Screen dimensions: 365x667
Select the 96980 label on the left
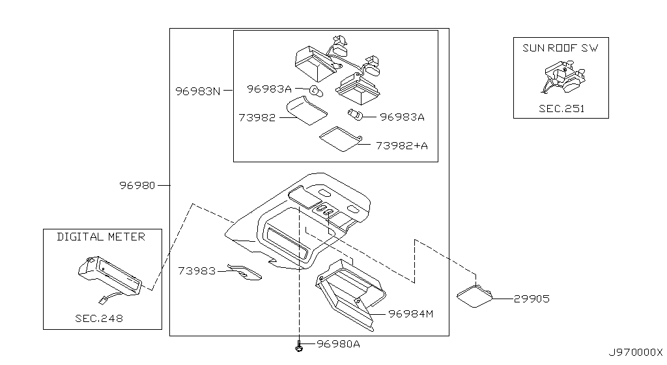(137, 185)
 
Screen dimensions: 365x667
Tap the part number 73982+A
(401, 145)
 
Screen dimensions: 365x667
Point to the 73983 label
(196, 270)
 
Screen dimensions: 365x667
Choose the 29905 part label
(531, 299)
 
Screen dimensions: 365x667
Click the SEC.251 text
(561, 109)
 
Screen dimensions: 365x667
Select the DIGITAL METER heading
(101, 237)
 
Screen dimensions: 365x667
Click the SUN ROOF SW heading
(561, 48)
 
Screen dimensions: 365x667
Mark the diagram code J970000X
(635, 352)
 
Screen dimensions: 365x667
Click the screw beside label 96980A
(298, 346)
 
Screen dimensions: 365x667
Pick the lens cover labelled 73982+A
(341, 138)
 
